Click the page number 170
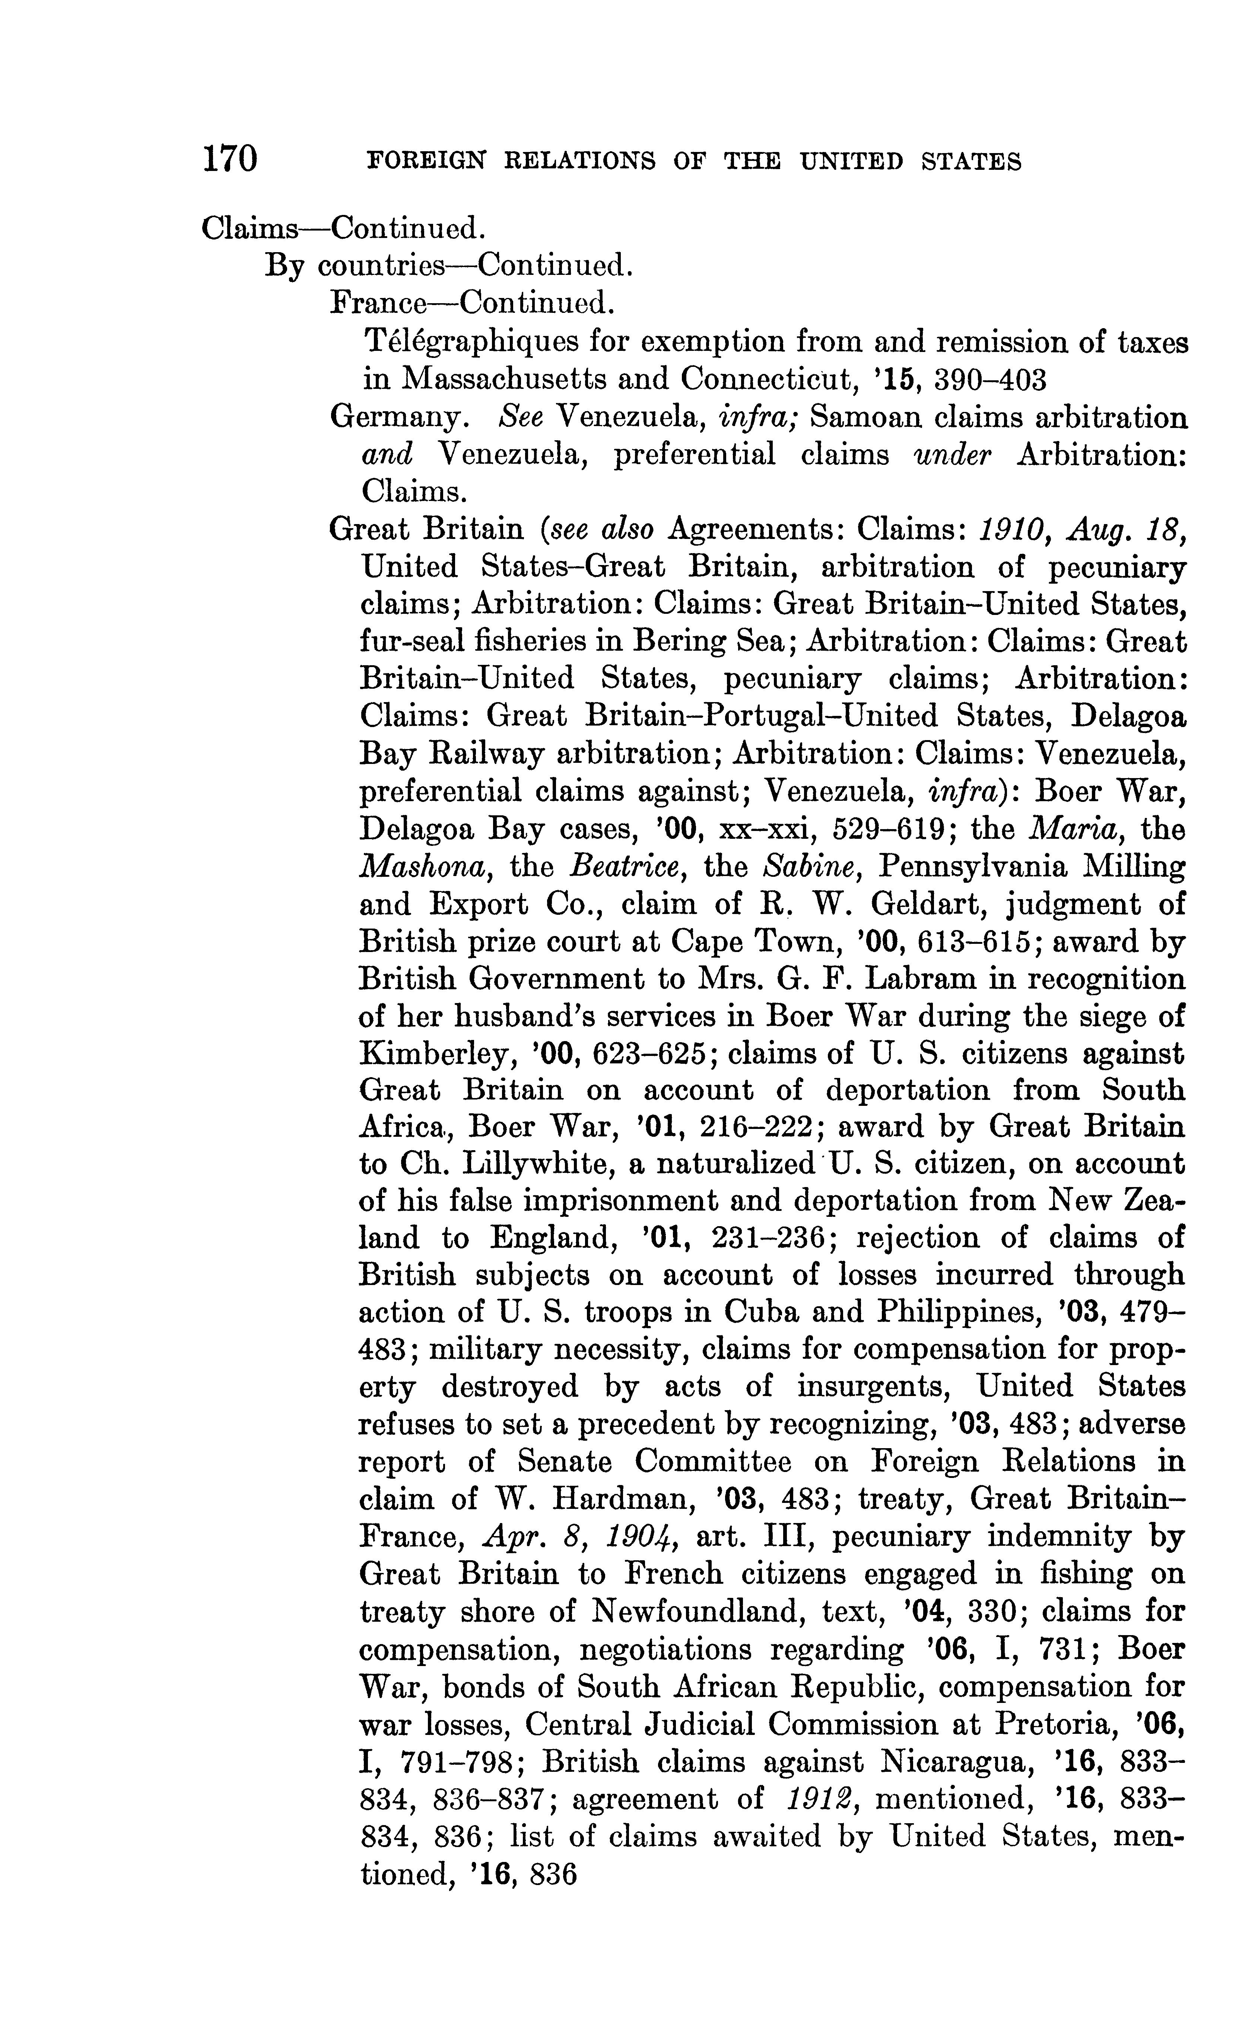[230, 158]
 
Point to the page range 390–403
[990, 379]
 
